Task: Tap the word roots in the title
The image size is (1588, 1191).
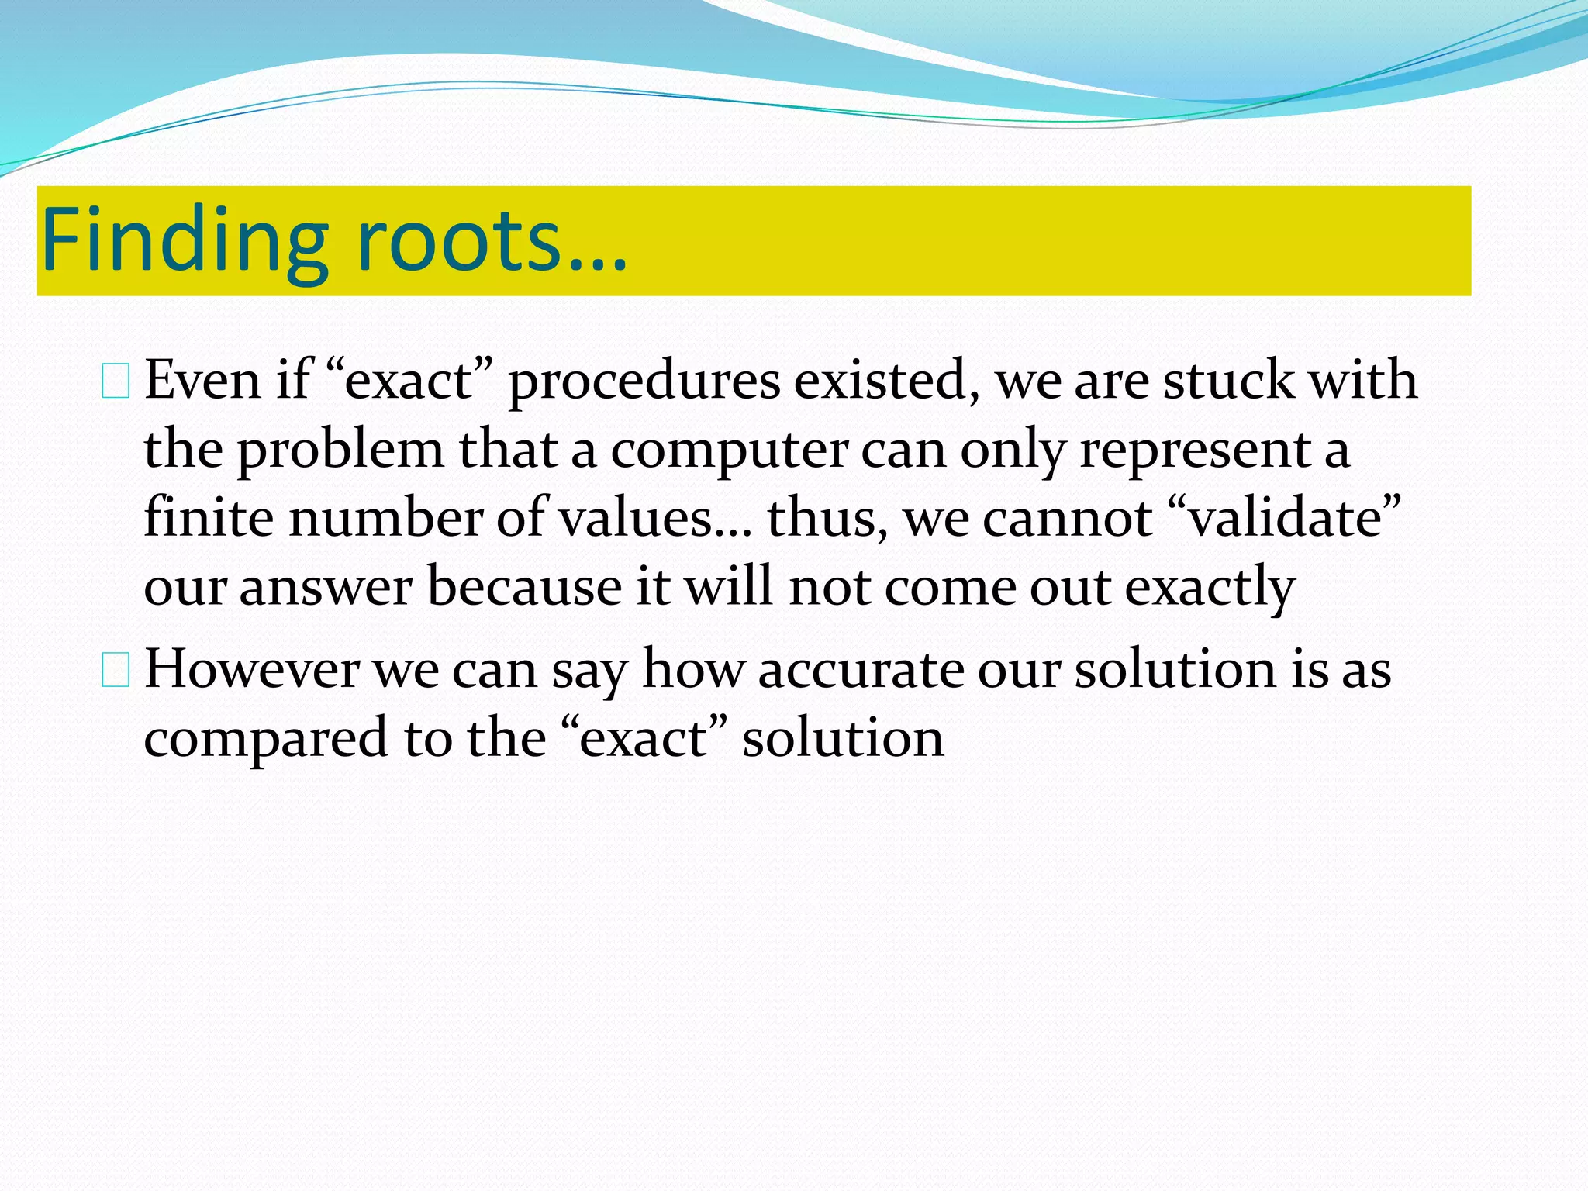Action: (457, 240)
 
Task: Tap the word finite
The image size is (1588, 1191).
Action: (208, 518)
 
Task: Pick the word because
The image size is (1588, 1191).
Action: (524, 587)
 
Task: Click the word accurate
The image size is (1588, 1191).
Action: (860, 670)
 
